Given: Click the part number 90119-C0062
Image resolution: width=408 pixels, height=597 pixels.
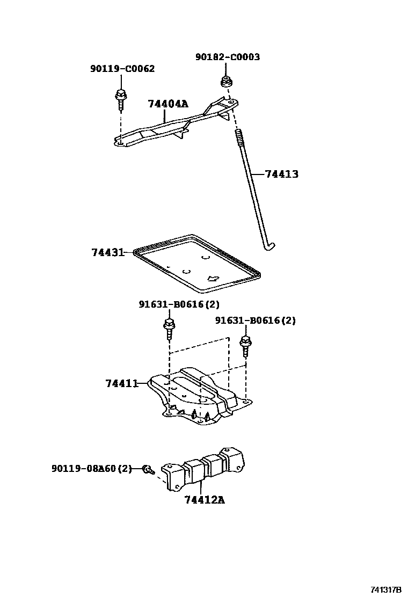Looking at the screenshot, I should click(122, 69).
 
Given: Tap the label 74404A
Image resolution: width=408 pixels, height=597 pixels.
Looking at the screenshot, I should click(168, 104).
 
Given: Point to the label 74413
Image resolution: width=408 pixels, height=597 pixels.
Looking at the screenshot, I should click(282, 174).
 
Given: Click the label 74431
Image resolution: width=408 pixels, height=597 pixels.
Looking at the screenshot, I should click(107, 252).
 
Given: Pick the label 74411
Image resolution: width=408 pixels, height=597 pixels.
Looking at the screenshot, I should click(122, 383).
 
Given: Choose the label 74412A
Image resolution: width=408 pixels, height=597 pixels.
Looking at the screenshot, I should click(204, 500).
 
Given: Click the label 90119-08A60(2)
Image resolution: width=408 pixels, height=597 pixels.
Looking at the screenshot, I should click(91, 469).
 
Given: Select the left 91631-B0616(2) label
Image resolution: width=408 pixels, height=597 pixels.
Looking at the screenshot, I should click(179, 304).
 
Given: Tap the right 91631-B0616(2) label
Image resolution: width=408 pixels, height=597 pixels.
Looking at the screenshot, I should click(256, 321).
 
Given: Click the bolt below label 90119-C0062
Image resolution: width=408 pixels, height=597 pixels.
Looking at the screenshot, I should click(120, 99).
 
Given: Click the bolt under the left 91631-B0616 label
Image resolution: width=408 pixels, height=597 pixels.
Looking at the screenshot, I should click(169, 329).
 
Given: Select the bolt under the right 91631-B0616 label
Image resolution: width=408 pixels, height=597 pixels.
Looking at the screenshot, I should click(246, 345).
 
